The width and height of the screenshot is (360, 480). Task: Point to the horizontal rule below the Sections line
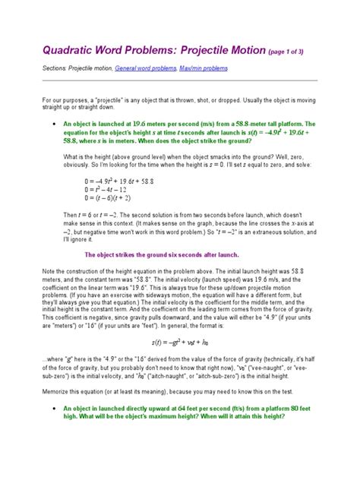(179, 80)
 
